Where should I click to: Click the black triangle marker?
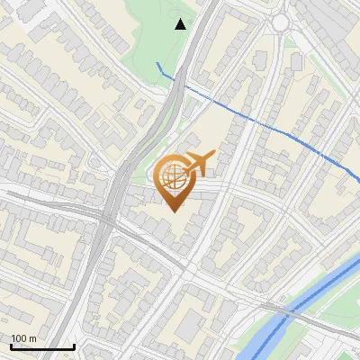(181, 24)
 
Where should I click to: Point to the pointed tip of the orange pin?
(171, 211)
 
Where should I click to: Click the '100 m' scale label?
(23, 338)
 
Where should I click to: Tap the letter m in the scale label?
(33, 338)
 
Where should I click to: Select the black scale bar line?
(42, 346)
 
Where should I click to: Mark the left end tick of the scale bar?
(11, 345)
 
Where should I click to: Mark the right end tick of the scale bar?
(74, 345)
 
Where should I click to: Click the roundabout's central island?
(283, 22)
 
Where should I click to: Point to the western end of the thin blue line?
(158, 63)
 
